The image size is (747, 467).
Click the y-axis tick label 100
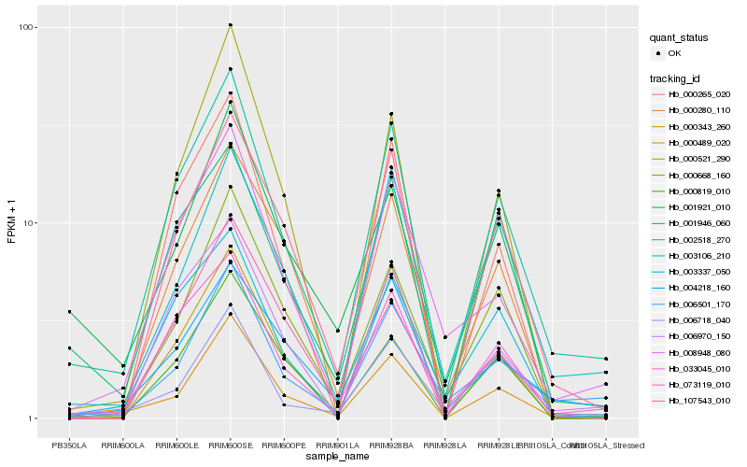pyautogui.click(x=26, y=27)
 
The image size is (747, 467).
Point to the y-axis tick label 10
pyautogui.click(x=29, y=222)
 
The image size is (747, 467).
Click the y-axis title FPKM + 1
pyautogui.click(x=12, y=222)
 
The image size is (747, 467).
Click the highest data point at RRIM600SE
pyautogui.click(x=230, y=25)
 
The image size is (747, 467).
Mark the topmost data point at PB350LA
pyautogui.click(x=69, y=312)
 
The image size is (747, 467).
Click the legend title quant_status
pyautogui.click(x=681, y=37)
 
